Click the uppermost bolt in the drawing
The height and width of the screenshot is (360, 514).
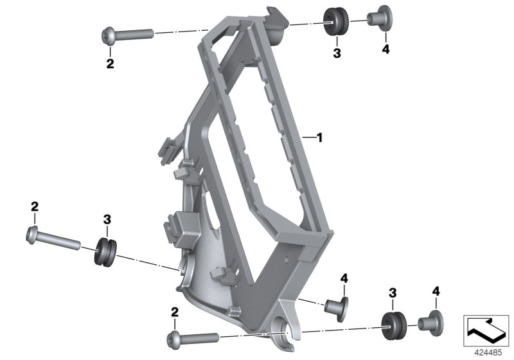click(126, 33)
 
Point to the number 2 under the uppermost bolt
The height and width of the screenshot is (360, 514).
click(110, 64)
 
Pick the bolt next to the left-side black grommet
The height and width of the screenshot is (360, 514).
click(51, 239)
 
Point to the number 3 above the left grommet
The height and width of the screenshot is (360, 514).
click(107, 219)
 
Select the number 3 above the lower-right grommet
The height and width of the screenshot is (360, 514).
click(393, 293)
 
